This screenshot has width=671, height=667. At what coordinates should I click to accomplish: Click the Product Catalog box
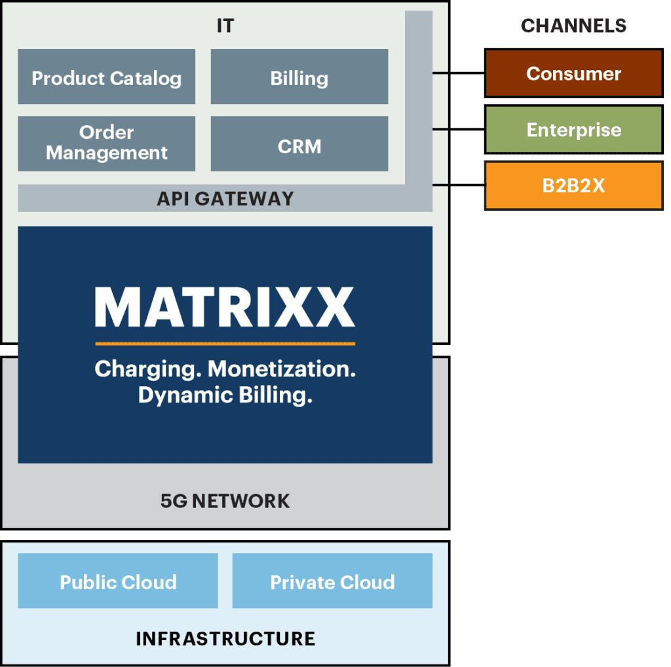point(106,77)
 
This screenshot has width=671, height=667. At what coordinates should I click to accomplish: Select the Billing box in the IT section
point(299,77)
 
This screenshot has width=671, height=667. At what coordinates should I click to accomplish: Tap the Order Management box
point(106,143)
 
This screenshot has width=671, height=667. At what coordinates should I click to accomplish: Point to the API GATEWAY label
point(225,198)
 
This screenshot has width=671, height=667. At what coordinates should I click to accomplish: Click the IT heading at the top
point(225,26)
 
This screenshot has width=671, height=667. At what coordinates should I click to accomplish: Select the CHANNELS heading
point(573,26)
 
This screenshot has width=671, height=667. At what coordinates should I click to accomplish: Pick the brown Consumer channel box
point(573,73)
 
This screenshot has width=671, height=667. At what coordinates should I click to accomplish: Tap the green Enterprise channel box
point(573,130)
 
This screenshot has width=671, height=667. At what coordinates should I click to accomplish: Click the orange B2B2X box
point(573,186)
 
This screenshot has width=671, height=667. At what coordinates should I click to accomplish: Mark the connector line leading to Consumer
point(459,73)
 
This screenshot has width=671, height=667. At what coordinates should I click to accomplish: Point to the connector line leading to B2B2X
point(459,185)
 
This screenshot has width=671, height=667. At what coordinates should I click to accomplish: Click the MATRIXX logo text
point(225,307)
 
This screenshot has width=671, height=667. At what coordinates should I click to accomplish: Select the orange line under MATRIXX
point(225,343)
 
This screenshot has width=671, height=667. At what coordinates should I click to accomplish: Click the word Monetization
point(282,369)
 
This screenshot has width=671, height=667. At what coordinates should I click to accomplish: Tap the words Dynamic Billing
point(225,395)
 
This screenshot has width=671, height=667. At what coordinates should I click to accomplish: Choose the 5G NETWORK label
point(225,501)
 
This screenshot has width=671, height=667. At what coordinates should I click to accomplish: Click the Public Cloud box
point(118,581)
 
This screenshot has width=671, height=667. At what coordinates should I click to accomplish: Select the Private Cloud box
point(332,581)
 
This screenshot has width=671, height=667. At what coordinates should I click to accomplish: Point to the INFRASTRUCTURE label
point(225,638)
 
